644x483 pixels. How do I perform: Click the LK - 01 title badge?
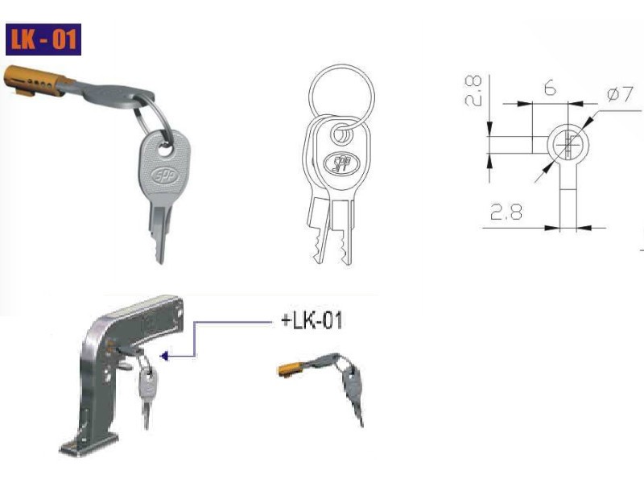click(x=43, y=39)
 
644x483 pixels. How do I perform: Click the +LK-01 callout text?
click(x=312, y=320)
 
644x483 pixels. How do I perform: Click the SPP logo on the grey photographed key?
click(x=165, y=176)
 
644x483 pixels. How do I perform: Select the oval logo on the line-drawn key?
click(x=341, y=163)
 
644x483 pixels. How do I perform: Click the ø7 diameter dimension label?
click(x=620, y=94)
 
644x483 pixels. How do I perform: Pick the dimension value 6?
click(x=550, y=88)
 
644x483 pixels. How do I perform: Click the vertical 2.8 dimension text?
click(x=473, y=91)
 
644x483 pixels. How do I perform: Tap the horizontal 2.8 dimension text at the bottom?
click(x=506, y=213)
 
